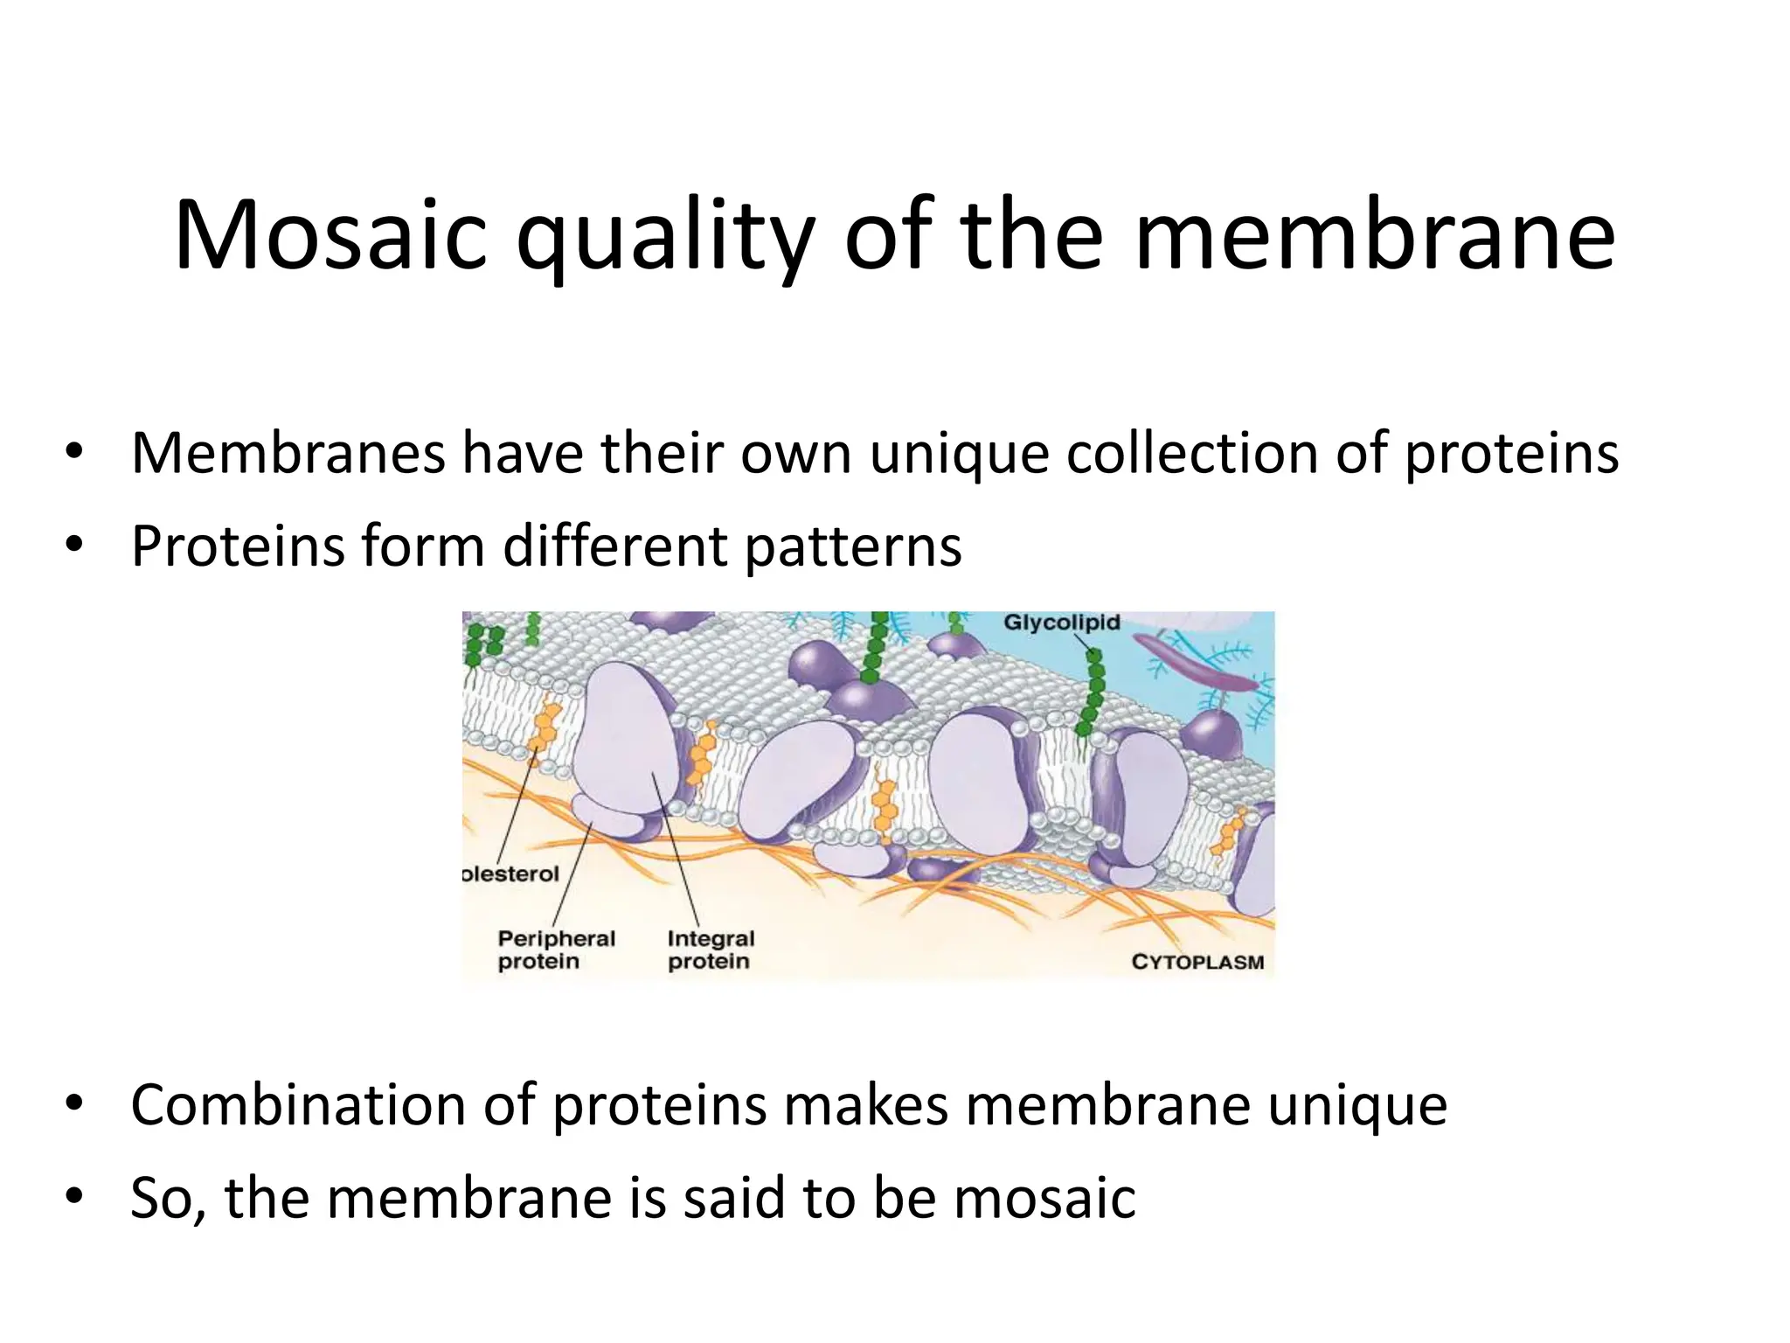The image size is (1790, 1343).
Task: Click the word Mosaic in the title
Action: pyautogui.click(x=330, y=236)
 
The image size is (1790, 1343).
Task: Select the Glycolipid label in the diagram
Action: pyautogui.click(x=1061, y=623)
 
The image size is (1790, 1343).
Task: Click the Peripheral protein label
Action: pyautogui.click(x=556, y=950)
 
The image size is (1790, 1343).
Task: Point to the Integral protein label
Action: pyautogui.click(x=710, y=950)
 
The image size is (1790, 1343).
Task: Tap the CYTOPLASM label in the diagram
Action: pyautogui.click(x=1197, y=962)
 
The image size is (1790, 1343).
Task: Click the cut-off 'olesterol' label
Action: pyautogui.click(x=510, y=873)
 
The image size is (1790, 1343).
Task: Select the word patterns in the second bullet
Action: pyautogui.click(x=853, y=546)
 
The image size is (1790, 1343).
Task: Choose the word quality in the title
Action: pyautogui.click(x=665, y=236)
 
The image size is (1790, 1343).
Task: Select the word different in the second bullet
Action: pyautogui.click(x=615, y=546)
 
